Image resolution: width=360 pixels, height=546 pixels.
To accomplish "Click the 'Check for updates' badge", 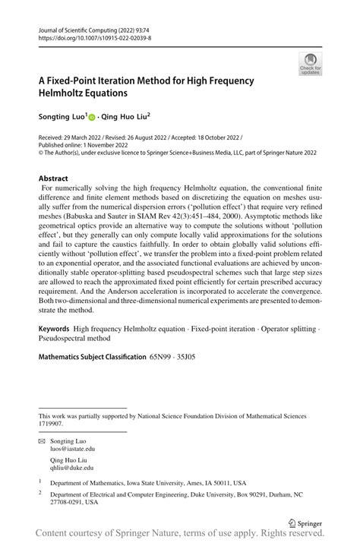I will [x=310, y=66].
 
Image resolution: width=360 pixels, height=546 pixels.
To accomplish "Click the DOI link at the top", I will [x=88, y=36].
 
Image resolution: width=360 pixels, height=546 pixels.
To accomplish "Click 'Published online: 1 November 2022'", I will [x=83, y=145].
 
